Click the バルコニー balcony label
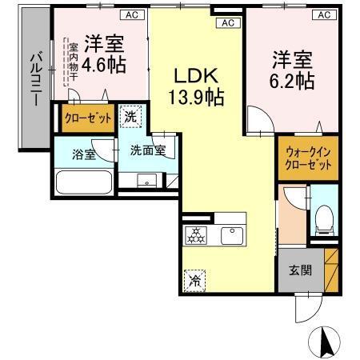pyautogui.click(x=36, y=80)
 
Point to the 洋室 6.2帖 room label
pyautogui.click(x=290, y=70)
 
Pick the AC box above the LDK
pyautogui.click(x=227, y=22)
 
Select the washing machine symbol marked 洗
pyautogui.click(x=130, y=118)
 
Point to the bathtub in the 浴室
pyautogui.click(x=83, y=183)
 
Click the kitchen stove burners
pyautogui.click(x=195, y=235)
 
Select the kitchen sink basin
pyautogui.click(x=232, y=234)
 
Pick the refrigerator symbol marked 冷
pyautogui.click(x=194, y=279)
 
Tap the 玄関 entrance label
pyautogui.click(x=301, y=270)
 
